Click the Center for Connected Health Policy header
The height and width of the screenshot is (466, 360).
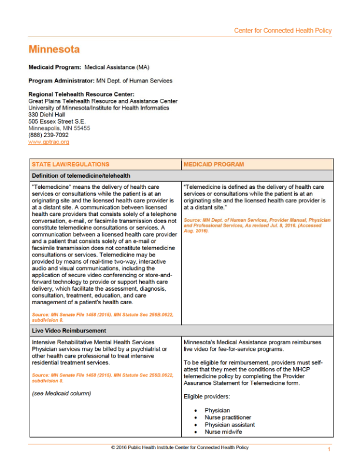[282, 31]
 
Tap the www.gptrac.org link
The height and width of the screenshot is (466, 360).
[49, 142]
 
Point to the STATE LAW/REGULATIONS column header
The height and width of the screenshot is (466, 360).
[71, 164]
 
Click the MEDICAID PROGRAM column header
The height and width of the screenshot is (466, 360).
[214, 164]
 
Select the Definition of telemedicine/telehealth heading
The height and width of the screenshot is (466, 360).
[81, 175]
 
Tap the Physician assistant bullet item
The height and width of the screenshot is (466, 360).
[229, 424]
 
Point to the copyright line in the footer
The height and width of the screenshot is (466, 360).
[180, 447]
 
